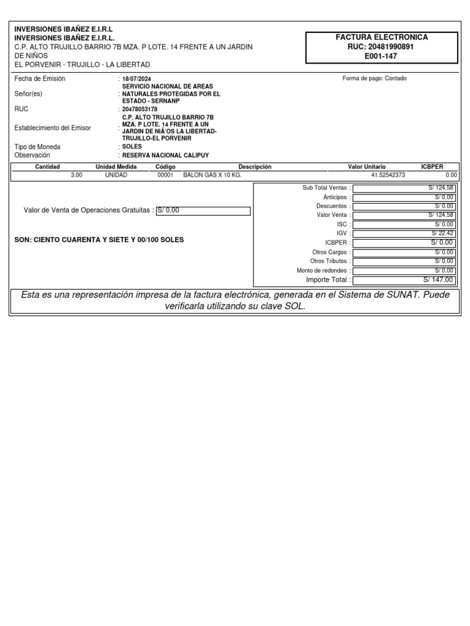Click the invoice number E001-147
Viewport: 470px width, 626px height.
click(381, 56)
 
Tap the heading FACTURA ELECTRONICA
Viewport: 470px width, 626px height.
click(381, 37)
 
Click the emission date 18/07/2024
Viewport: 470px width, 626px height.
click(136, 79)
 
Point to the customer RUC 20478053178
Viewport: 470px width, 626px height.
click(140, 109)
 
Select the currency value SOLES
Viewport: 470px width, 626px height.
click(132, 147)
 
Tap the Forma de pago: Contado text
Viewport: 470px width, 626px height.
click(375, 78)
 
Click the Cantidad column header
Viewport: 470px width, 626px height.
click(47, 166)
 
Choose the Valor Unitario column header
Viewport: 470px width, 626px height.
click(367, 166)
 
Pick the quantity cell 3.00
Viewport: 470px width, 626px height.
click(76, 174)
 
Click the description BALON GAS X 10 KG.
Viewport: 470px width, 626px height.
click(208, 174)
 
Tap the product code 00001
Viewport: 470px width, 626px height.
click(166, 174)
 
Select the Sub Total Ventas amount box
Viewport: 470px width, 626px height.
click(404, 188)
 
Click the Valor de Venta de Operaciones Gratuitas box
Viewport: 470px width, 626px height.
click(203, 211)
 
